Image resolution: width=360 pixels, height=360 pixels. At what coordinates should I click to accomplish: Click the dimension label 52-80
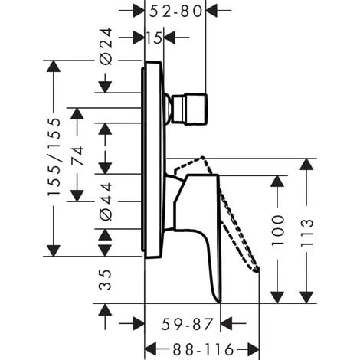pos(176,11)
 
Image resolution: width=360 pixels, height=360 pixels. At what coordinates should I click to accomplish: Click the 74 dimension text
pos(77,156)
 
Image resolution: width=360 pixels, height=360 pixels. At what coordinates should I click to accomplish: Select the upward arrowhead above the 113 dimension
pos(308,164)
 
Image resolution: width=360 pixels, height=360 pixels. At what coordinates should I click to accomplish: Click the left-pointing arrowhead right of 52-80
pos(213,11)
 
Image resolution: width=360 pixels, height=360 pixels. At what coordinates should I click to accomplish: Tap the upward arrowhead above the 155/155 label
pos(54,67)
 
